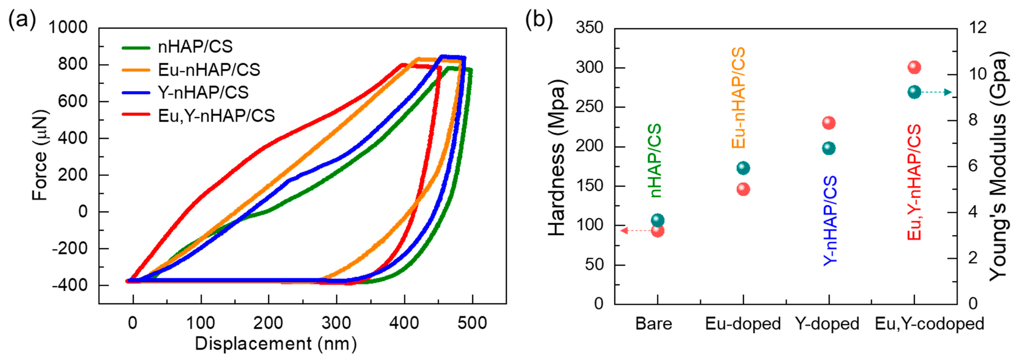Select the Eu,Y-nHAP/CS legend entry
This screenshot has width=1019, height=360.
(x=216, y=116)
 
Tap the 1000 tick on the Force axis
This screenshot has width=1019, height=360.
(x=68, y=28)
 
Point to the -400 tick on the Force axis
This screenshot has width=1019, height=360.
(x=70, y=285)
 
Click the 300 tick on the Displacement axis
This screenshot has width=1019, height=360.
(x=336, y=323)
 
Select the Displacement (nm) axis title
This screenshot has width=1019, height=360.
(x=276, y=344)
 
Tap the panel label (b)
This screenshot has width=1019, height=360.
(x=539, y=19)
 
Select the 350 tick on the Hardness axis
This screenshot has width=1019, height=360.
(x=589, y=28)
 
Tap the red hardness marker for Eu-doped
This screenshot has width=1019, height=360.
(x=743, y=189)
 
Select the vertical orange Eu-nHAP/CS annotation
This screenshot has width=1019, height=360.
(x=738, y=98)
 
